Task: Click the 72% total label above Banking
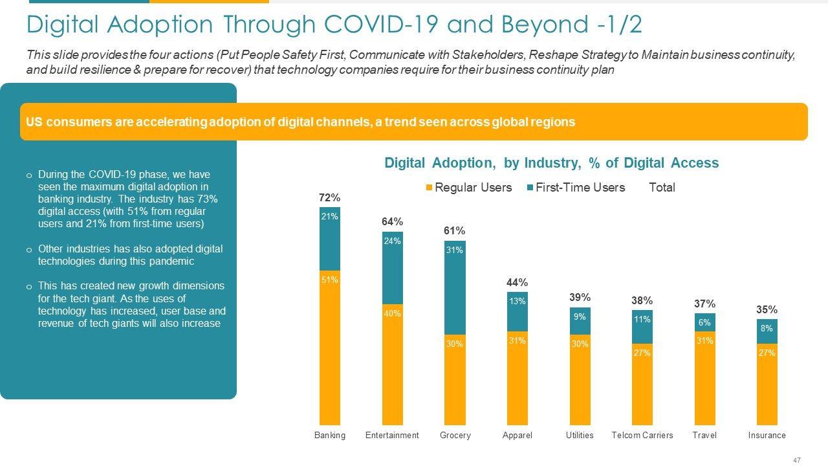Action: tap(329, 197)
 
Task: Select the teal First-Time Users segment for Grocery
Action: tap(455, 288)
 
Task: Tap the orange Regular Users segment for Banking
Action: tap(329, 347)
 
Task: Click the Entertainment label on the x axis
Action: tap(392, 435)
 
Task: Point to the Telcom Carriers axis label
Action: tap(642, 435)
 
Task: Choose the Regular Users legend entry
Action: tap(468, 188)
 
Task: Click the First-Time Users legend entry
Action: tap(576, 188)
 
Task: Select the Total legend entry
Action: tap(662, 188)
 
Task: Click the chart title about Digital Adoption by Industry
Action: tap(551, 163)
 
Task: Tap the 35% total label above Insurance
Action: tap(767, 310)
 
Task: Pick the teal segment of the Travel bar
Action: tap(704, 322)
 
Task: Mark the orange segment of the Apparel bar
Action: tap(517, 378)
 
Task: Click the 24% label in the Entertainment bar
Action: tap(392, 241)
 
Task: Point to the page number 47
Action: tap(796, 460)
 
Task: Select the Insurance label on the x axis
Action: tap(767, 435)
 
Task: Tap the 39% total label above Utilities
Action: tap(580, 297)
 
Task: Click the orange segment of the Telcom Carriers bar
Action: tap(642, 384)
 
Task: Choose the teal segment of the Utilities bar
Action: tap(580, 321)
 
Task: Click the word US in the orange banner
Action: tap(34, 122)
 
